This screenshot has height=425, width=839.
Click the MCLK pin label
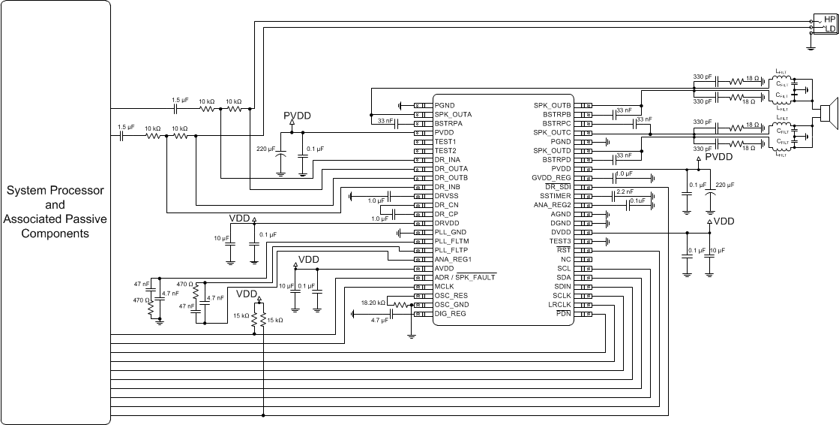(445, 286)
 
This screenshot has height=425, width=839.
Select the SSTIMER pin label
(556, 195)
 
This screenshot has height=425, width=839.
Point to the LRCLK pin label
(559, 304)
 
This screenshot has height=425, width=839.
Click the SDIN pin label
(562, 286)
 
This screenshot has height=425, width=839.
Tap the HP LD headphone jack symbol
(825, 24)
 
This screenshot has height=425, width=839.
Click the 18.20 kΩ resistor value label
(373, 303)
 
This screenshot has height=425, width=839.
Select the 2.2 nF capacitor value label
(624, 192)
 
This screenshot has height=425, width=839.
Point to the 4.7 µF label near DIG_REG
(379, 320)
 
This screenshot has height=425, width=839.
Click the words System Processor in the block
(55, 191)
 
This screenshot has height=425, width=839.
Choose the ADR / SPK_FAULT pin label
(465, 277)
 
